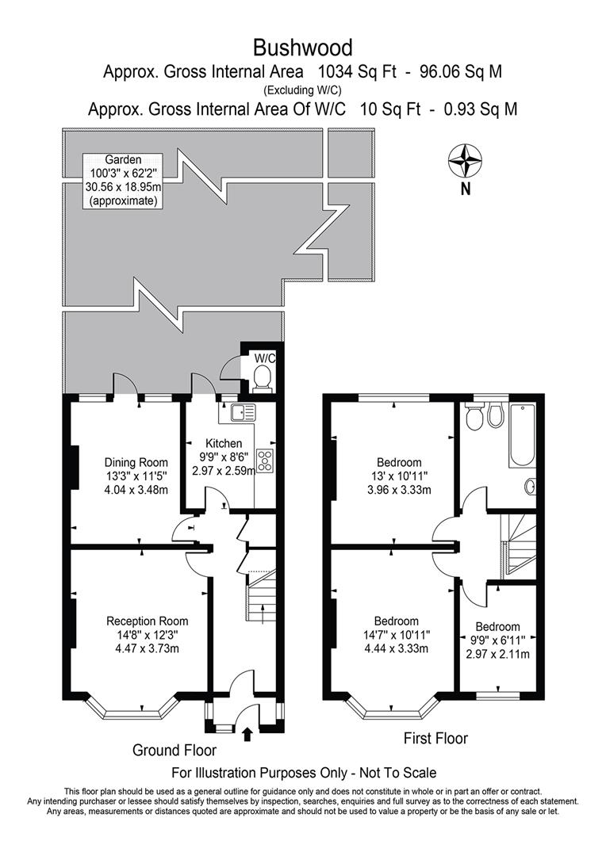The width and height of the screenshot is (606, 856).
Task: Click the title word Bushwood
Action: click(303, 47)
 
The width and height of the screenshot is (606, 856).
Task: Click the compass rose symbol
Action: click(466, 161)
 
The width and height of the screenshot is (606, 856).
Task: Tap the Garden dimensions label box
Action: click(123, 181)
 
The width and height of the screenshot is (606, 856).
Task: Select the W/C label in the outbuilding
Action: click(263, 358)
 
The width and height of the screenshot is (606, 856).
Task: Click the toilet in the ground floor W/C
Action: click(263, 378)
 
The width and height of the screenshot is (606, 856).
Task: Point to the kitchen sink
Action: click(240, 412)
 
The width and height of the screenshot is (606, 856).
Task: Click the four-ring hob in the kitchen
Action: click(265, 460)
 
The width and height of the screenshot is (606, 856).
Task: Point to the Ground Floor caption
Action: click(174, 750)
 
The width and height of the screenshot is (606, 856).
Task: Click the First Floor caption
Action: click(436, 739)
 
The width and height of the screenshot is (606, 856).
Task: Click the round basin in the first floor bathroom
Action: click(530, 485)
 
